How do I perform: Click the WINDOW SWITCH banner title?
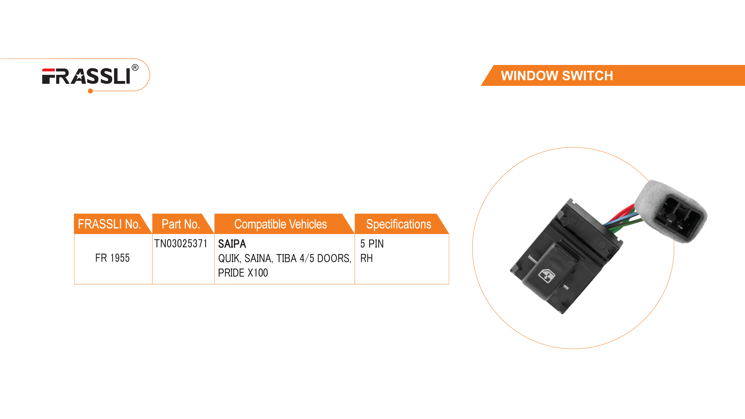pyautogui.click(x=557, y=76)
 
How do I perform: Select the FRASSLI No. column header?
pyautogui.click(x=110, y=224)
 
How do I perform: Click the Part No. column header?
pyautogui.click(x=181, y=224)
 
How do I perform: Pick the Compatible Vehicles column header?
pyautogui.click(x=280, y=224)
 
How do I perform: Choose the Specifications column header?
pyautogui.click(x=399, y=224)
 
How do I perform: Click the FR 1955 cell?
pyautogui.click(x=112, y=258)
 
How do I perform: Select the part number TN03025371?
pyautogui.click(x=181, y=243)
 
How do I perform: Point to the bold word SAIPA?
pyautogui.click(x=232, y=244)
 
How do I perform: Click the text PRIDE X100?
pyautogui.click(x=243, y=273)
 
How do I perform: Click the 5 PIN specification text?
pyautogui.click(x=372, y=244)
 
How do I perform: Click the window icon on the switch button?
pyautogui.click(x=546, y=275)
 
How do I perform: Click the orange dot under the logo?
pyautogui.click(x=91, y=91)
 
